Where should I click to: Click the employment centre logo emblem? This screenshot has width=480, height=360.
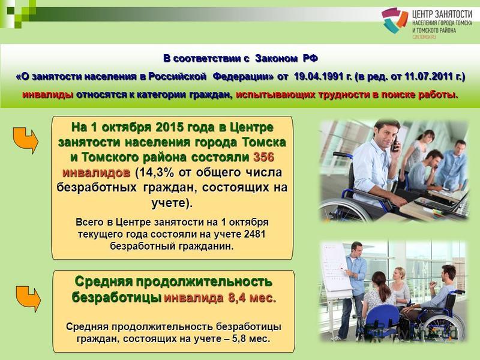394,20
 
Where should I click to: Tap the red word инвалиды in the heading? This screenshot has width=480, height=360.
47,95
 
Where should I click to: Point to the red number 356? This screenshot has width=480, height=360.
263,157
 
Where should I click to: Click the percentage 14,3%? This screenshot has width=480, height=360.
157,172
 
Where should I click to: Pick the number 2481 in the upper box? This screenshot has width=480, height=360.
254,234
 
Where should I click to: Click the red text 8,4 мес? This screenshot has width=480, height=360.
252,298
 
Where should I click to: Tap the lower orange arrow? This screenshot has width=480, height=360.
28,299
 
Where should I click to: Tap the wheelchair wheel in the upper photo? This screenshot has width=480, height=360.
343,209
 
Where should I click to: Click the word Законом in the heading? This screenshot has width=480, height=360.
276,58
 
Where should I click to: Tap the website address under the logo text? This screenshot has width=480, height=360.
424,37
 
